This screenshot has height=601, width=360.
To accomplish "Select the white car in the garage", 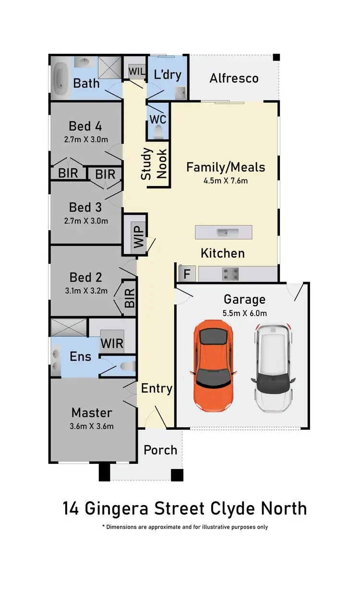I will tap(273, 367).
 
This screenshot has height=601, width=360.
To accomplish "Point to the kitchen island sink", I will tap(224, 233).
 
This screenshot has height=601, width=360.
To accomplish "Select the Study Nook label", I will tap(154, 164).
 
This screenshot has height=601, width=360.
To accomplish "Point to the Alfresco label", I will tap(234, 78).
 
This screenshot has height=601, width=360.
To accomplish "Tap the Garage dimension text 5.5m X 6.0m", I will tap(244, 313).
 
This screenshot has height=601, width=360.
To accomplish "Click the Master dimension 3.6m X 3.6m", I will tap(91, 426).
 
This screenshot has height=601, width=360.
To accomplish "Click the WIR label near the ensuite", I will tap(112, 343).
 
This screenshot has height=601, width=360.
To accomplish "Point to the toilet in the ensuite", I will tap(127, 367).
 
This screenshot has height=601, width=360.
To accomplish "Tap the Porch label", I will tap(160, 450).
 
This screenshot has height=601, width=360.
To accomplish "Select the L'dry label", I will tap(167, 74).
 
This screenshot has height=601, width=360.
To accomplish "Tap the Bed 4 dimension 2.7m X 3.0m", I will tap(85, 140).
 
